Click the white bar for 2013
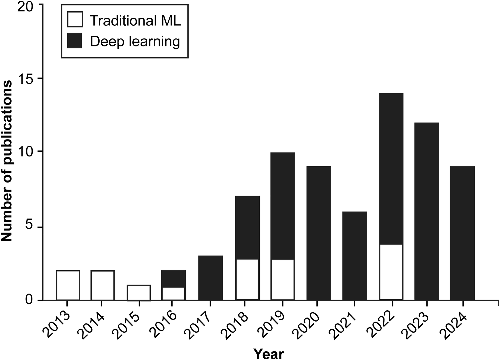[68, 285]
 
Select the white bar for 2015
[139, 293]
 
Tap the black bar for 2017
[210, 278]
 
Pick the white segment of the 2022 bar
[391, 272]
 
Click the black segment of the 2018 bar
[247, 228]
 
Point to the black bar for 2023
[427, 212]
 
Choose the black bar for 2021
[354, 256]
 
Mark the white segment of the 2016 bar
[173, 294]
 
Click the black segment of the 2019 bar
[283, 206]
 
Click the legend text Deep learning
[135, 42]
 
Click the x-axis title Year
[268, 353]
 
